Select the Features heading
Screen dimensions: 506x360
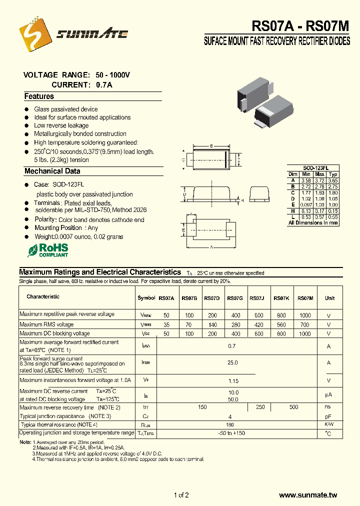tap(39, 96)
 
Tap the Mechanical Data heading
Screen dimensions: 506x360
tap(52, 171)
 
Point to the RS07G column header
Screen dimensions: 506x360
tap(234, 298)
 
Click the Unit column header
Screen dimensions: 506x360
tap(329, 298)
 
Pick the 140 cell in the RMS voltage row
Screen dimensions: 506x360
tap(212, 324)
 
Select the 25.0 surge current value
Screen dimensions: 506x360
tap(232, 362)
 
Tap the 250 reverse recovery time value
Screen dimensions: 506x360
tap(260, 407)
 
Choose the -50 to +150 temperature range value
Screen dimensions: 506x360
tap(232, 433)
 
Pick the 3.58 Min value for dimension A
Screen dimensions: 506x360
tap(306, 180)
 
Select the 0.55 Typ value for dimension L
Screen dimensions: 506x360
tap(333, 217)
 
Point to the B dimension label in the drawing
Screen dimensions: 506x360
tap(211, 146)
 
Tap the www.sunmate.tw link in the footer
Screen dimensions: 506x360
tap(308, 495)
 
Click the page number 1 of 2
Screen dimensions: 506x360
tap(181, 495)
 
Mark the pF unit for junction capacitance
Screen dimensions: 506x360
tap(328, 416)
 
